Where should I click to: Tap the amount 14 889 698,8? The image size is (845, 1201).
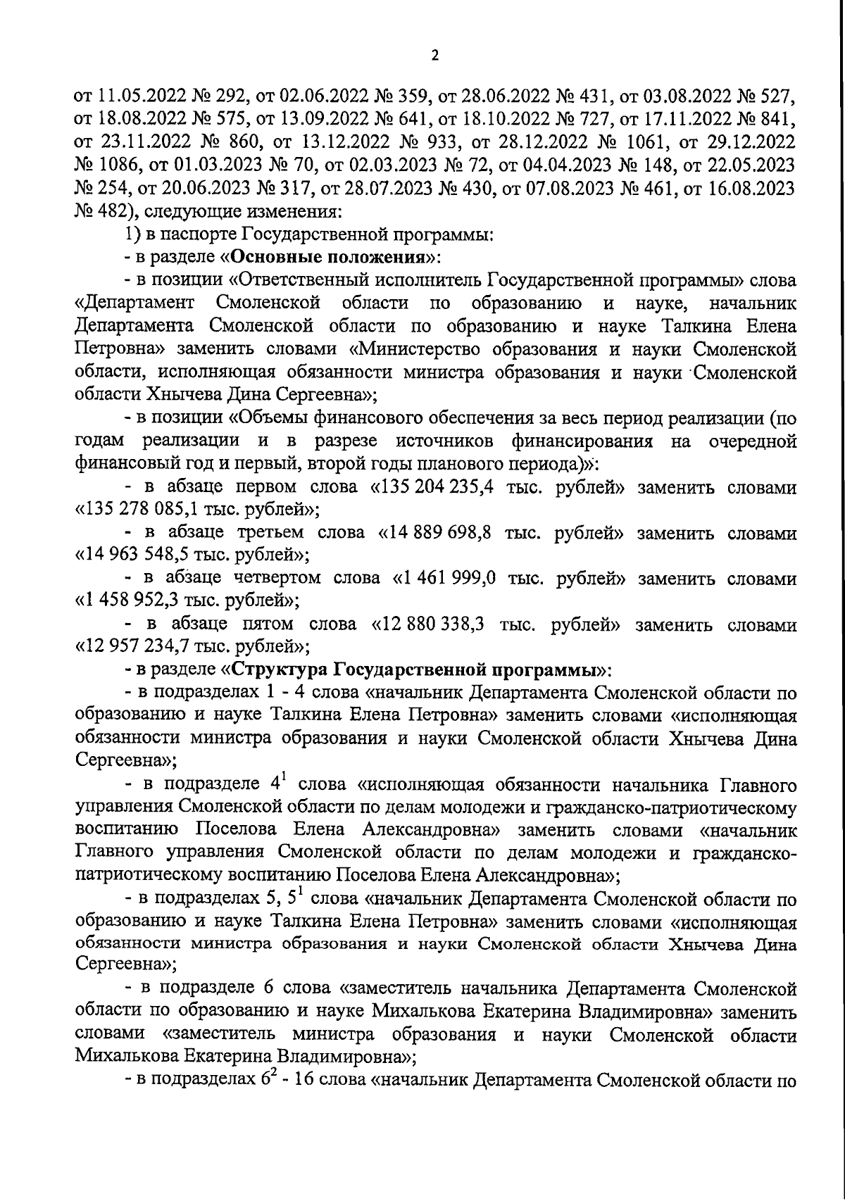pyautogui.click(x=439, y=534)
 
